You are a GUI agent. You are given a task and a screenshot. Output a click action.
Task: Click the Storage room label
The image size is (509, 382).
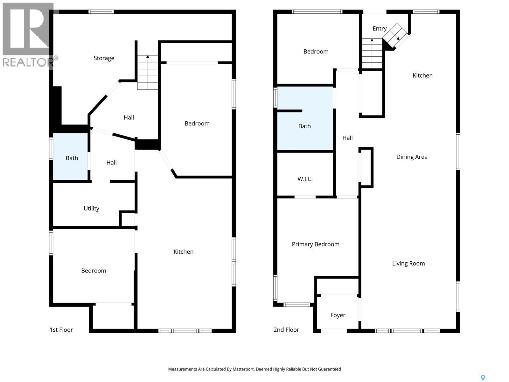click(x=104, y=58)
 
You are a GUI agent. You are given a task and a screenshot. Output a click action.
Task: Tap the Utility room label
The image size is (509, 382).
click(x=91, y=209)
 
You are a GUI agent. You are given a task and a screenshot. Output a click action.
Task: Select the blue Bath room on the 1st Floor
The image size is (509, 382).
click(x=70, y=157)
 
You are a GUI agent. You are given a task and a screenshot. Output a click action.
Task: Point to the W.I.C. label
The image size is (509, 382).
click(x=305, y=179)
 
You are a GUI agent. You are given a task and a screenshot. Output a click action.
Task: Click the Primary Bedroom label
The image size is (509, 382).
click(x=315, y=244)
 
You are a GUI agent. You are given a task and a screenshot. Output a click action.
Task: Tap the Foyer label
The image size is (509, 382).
click(x=338, y=315)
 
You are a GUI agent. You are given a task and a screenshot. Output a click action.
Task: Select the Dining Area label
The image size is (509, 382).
click(x=412, y=157)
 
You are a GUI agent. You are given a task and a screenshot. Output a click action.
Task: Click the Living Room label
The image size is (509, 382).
click(x=408, y=264)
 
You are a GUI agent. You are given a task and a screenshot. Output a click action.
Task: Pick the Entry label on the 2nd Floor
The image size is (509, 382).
click(x=379, y=29)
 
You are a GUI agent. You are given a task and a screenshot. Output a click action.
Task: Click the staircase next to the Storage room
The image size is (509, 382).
click(x=148, y=72)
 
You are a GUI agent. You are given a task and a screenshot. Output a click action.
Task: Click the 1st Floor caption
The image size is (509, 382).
click(x=61, y=330)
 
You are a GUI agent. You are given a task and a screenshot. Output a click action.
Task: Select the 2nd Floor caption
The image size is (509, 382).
click(x=286, y=330)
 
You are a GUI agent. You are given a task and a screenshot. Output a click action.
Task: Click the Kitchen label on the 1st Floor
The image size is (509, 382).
click(x=183, y=252)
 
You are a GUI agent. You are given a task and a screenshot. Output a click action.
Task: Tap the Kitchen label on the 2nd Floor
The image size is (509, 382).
click(x=422, y=75)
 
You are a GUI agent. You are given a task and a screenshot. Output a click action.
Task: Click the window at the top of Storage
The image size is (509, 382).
click(x=101, y=12)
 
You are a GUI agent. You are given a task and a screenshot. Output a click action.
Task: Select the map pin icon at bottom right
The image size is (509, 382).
click(x=483, y=378)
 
